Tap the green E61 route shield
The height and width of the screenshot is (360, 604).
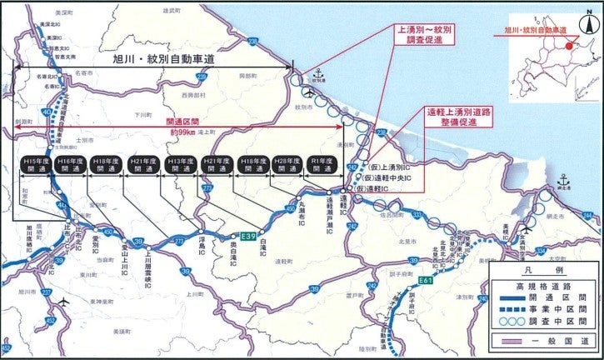pyautogui.click(x=426, y=281)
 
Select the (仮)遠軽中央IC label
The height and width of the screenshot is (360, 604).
pyautogui.click(x=391, y=177)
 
